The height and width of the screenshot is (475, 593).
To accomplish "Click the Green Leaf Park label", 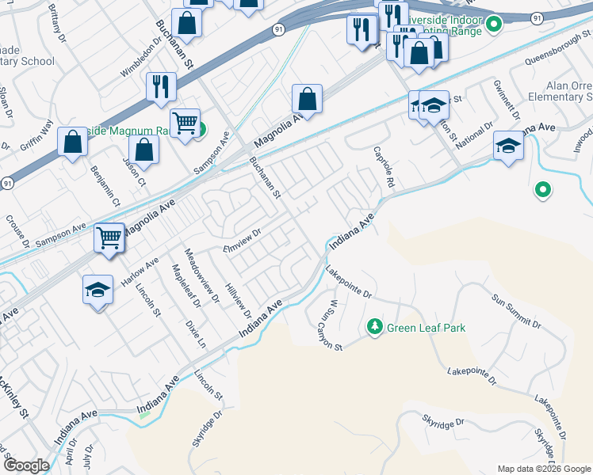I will tap(426, 327).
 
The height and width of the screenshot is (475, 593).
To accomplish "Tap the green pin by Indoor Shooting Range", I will tap(494, 25).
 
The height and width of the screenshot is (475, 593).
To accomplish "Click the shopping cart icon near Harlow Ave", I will tap(109, 237).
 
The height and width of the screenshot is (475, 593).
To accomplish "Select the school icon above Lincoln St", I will tap(98, 290).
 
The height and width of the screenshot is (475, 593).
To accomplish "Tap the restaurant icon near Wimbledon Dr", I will tap(161, 86).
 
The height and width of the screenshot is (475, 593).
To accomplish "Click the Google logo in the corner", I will tap(26, 465).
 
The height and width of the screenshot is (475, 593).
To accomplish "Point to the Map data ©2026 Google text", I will tap(544, 469).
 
